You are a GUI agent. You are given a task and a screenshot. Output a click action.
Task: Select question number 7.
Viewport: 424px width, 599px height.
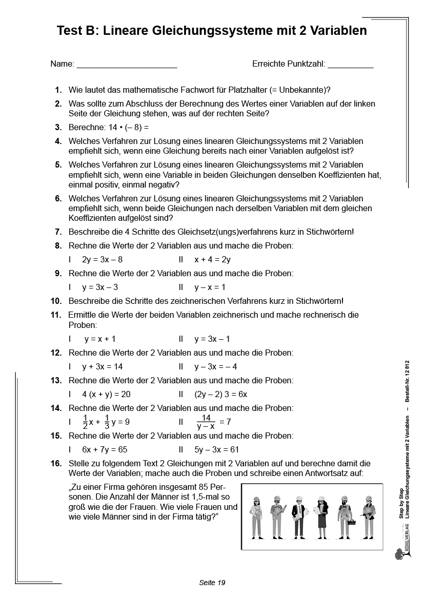pos(58,232)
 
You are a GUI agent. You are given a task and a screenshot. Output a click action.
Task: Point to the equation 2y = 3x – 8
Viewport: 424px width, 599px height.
pos(103,260)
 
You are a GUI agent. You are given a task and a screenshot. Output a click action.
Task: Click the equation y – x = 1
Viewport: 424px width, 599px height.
pos(210,287)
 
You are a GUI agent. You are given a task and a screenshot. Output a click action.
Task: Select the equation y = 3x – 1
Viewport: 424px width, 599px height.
pos(212,339)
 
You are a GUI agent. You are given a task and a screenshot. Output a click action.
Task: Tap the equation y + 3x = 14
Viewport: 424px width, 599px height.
pos(103,367)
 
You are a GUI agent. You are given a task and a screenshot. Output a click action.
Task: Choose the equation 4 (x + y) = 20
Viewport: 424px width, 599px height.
pos(107,395)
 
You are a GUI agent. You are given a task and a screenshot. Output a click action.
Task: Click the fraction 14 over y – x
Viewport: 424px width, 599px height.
pos(206,422)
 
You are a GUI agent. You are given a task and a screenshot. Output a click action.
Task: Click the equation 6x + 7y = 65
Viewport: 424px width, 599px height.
pos(105,450)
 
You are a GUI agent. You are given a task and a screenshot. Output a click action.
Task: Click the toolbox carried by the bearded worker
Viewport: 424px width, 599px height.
pos(352,523)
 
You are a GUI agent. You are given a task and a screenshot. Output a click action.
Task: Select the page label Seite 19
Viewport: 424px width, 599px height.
pos(212,583)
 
